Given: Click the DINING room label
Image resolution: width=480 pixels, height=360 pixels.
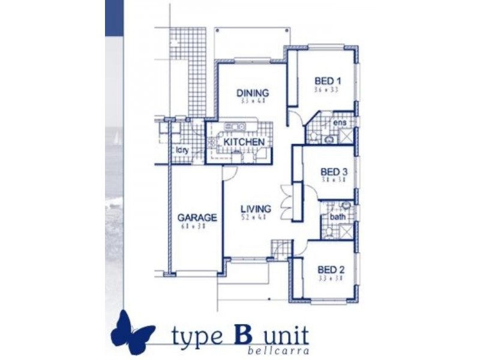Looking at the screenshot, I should tap(252, 93).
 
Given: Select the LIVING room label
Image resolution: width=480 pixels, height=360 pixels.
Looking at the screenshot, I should tap(256, 209).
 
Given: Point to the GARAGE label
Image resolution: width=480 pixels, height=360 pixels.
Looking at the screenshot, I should tap(197, 217).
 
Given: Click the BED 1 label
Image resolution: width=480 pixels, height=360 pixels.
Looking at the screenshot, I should tap(328, 81).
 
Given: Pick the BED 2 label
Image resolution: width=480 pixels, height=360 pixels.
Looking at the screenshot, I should tap(331, 269).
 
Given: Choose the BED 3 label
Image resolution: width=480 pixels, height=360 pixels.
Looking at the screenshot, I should tap(335, 172).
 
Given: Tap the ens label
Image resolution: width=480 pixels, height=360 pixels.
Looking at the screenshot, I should tap(340, 123).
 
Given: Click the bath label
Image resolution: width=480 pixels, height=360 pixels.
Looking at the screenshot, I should tap(337, 217).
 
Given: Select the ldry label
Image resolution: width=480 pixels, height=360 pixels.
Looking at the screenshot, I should tap(182, 151).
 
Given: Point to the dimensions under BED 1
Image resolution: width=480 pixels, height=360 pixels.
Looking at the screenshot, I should tap(326, 89).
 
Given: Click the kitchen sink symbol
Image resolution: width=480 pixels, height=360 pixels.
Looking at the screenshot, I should tap(234, 127).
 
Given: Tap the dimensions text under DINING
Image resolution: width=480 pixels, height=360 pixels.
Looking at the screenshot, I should tap(252, 101).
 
